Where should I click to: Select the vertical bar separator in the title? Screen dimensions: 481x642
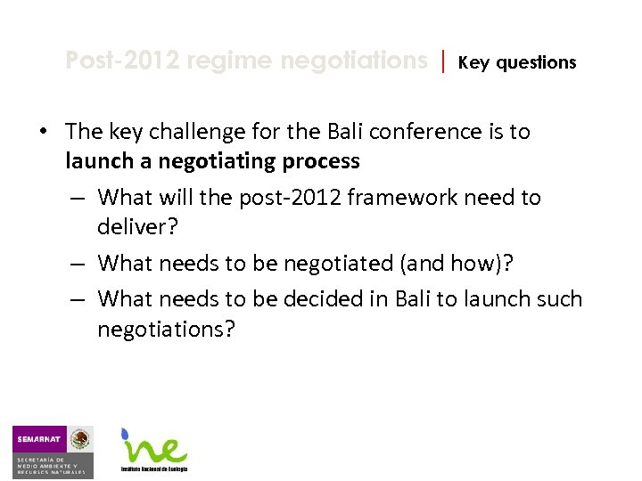(443, 61)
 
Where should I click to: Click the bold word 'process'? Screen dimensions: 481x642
(322, 161)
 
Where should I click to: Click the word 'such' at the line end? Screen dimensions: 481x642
(558, 299)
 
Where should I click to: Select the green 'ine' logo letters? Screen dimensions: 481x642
(157, 447)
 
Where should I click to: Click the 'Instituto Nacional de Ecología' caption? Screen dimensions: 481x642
(154, 469)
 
